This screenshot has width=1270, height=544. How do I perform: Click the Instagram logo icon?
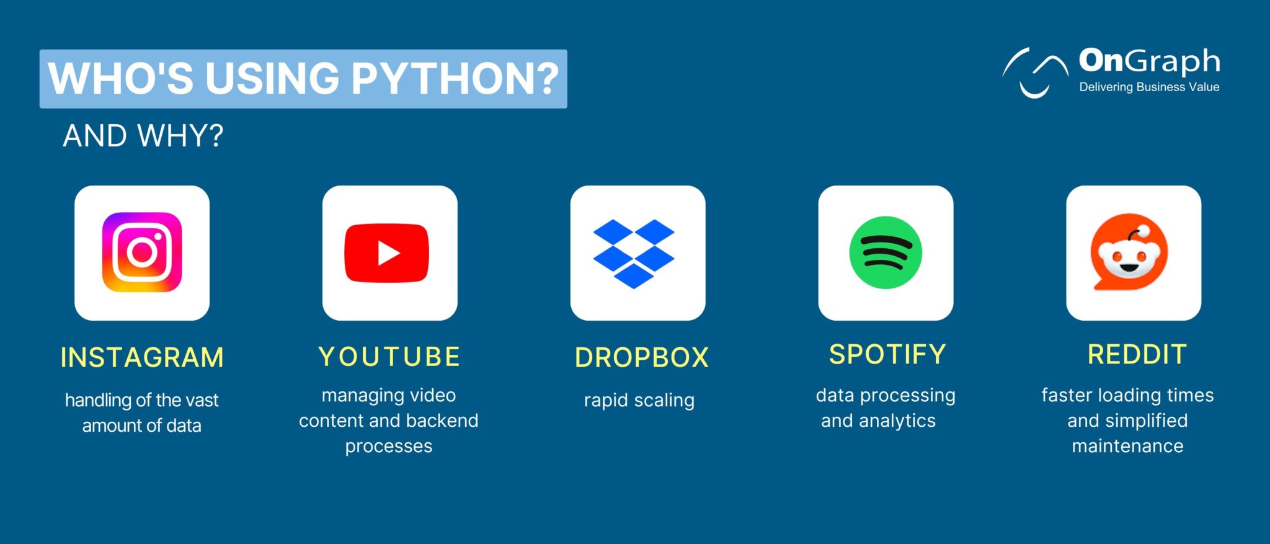tap(142, 252)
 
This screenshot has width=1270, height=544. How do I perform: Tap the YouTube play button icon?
tap(387, 253)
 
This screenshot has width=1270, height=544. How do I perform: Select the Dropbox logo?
tap(634, 253)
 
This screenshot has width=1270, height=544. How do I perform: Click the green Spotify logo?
tap(886, 252)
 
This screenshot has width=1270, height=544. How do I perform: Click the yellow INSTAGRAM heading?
tap(142, 358)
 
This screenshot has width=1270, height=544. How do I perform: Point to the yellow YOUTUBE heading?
tap(389, 357)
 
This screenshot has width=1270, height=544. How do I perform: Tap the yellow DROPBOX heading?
tap(641, 358)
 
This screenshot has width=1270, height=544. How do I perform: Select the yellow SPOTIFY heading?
tap(887, 355)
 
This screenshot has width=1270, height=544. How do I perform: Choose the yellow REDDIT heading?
tap(1137, 355)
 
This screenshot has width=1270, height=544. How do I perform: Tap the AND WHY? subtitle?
tap(143, 136)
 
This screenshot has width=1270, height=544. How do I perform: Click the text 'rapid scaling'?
tap(639, 401)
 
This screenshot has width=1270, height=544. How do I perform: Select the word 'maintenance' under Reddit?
tap(1127, 446)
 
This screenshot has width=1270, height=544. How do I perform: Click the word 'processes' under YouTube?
tap(389, 447)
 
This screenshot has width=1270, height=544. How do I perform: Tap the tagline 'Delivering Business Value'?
tap(1149, 87)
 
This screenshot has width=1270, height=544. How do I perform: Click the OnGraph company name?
tap(1149, 61)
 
